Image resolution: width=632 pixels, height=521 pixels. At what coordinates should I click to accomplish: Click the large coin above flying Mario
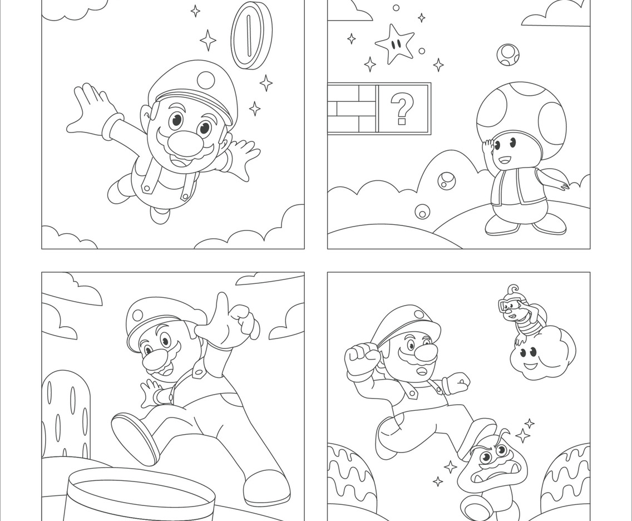pos(251,35)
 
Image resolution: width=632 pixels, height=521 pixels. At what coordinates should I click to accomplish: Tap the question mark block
pos(403,109)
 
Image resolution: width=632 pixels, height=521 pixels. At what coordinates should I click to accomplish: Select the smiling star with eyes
pos(394,43)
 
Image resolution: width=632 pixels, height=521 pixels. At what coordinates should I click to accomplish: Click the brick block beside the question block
pos(352,109)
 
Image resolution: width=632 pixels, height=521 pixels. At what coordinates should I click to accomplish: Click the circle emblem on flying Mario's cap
pos(206,80)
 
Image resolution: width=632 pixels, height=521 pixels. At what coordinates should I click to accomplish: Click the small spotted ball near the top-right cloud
pos(507,55)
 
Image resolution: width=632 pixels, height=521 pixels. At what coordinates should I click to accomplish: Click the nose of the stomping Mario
pos(427,353)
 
